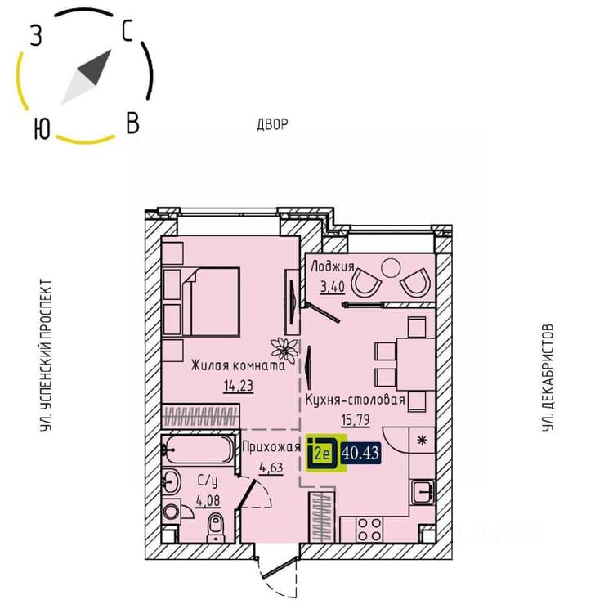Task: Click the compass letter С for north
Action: pos(128,31)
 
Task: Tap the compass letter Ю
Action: pos(42,129)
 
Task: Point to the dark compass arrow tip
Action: pos(110,51)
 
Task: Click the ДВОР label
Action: pos(272,125)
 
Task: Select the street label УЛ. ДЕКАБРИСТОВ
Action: pos(548,378)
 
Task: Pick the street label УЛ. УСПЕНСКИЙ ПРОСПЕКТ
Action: pos(46,355)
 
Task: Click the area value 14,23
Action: pos(239,386)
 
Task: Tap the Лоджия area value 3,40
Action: pos(333,287)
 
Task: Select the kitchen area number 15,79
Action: pos(356,420)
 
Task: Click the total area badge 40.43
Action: pos(360,453)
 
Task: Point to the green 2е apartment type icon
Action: pos(326,453)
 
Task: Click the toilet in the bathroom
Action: pos(216,527)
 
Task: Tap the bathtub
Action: pos(199,450)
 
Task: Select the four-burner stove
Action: pos(369,530)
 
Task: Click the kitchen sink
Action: pos(423,492)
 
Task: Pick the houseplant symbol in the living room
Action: pos(284,349)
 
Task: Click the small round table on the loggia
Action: pos(391,268)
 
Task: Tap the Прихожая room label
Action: pos(271,447)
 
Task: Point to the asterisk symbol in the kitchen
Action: pos(423,441)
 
